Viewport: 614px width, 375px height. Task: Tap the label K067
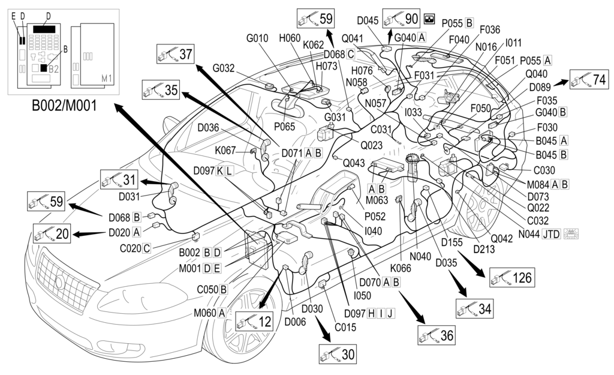point(225,150)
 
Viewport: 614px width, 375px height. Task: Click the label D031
point(129,196)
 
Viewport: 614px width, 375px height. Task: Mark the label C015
point(345,327)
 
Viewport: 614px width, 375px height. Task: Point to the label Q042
point(501,238)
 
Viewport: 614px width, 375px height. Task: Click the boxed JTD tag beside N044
point(550,233)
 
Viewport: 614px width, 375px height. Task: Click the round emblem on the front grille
point(61,281)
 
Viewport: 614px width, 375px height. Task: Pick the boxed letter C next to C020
point(146,248)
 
